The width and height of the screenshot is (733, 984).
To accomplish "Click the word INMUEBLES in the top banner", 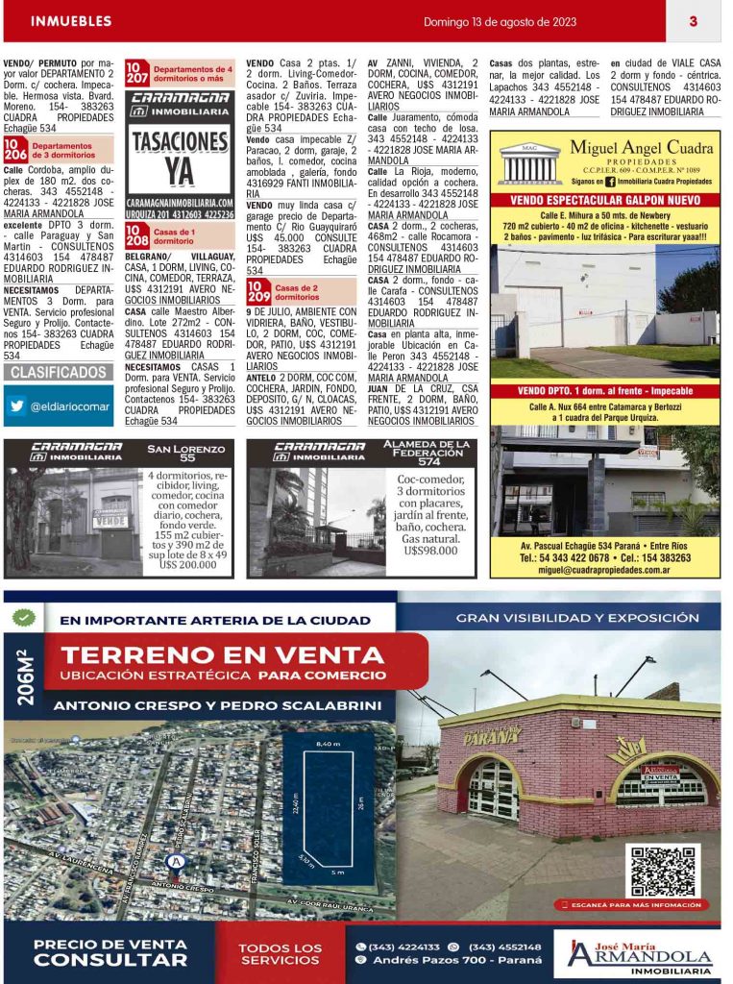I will point(71,21).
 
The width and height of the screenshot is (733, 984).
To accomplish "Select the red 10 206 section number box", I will point(15,150).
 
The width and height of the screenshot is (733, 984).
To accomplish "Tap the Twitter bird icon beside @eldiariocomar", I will point(16,406).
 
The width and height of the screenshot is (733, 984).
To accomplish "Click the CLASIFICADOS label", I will point(59,372).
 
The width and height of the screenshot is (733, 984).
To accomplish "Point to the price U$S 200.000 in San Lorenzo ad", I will point(188,566).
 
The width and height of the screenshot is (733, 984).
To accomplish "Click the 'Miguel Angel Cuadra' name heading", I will point(641,148).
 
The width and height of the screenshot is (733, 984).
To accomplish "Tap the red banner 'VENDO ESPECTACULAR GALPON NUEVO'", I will point(605,200).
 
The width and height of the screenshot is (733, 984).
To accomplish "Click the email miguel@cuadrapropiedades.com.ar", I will point(604,569).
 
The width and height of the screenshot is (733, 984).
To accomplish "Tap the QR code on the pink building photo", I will point(663,871).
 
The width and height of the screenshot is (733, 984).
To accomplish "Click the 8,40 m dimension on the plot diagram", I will point(328,744).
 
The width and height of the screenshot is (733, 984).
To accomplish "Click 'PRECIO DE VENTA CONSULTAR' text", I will point(110,952).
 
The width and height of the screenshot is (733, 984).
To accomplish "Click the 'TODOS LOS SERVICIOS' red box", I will point(281,954).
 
